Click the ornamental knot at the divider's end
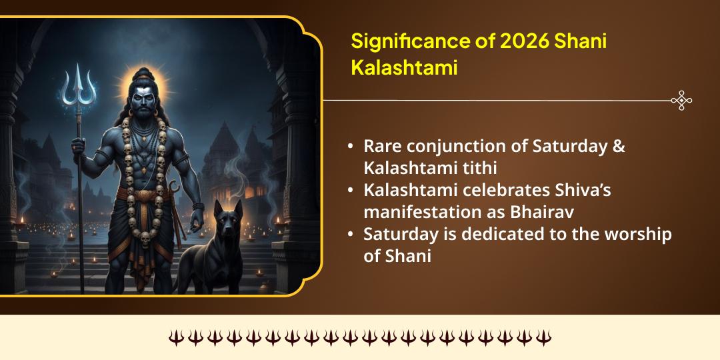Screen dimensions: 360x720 [x=681, y=101]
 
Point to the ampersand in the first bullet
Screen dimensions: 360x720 [x=618, y=147]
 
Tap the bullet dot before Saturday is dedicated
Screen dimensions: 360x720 [x=351, y=234]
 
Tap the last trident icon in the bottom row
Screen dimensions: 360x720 [x=544, y=338]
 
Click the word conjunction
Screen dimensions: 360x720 [x=451, y=147]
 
